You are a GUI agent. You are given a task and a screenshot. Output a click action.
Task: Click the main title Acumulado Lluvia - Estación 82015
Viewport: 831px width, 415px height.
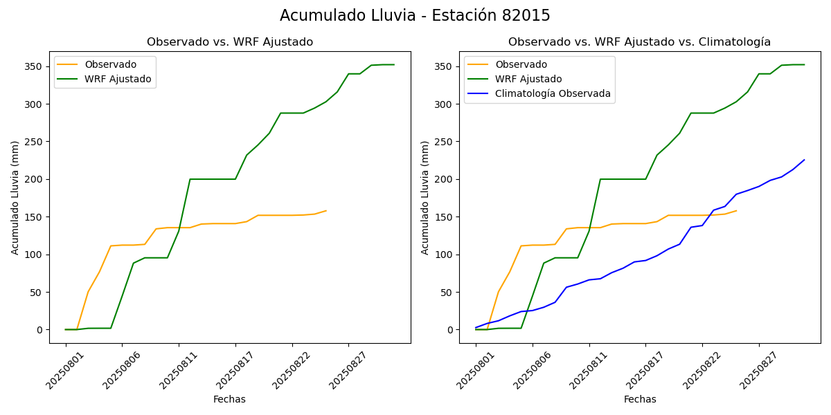click(x=415, y=16)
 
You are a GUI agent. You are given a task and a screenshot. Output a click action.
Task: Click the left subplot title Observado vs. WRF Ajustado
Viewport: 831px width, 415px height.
click(x=230, y=42)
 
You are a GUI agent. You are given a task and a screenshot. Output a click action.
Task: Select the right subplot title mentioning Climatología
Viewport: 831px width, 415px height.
click(x=639, y=42)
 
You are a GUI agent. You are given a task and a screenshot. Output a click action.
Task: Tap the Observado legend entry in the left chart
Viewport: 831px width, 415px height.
click(x=111, y=64)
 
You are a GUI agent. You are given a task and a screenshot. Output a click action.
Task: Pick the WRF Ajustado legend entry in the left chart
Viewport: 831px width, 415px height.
click(x=118, y=79)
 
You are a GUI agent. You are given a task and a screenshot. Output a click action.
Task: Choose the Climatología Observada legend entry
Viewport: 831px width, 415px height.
click(x=553, y=94)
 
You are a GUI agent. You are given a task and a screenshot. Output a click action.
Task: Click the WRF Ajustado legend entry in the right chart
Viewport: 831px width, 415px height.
click(x=528, y=79)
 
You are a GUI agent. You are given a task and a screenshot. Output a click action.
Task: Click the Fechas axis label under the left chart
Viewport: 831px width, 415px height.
click(x=229, y=399)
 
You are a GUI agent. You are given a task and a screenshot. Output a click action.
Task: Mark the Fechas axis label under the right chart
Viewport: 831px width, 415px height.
click(x=640, y=399)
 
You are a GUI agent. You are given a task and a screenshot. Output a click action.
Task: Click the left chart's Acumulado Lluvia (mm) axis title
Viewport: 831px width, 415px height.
click(x=15, y=197)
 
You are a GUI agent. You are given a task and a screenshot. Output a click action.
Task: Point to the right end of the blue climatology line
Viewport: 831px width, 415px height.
click(x=804, y=160)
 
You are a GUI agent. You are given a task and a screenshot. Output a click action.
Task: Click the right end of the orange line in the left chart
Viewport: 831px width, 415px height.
click(x=326, y=211)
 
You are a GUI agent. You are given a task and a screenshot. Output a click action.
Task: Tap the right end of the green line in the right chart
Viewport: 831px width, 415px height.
click(x=804, y=64)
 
